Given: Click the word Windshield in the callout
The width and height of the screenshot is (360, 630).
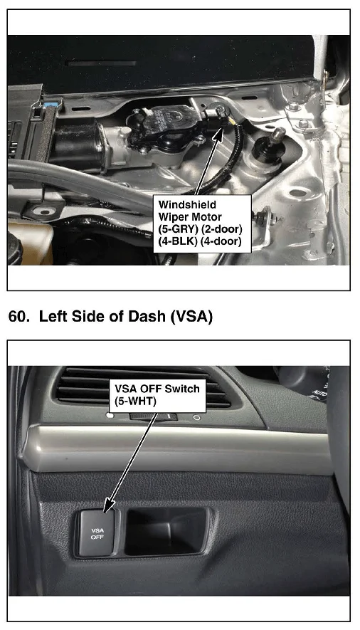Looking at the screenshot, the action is [x=187, y=204].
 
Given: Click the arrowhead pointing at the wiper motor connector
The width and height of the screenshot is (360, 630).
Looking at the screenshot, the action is [x=218, y=133].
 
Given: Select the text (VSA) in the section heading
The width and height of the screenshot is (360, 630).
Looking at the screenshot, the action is [x=191, y=317].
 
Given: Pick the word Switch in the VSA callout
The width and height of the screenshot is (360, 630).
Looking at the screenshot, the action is [x=182, y=389].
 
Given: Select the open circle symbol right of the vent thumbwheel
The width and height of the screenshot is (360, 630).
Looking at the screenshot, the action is [x=196, y=418].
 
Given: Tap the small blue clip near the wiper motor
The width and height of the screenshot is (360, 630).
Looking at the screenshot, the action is [x=53, y=106].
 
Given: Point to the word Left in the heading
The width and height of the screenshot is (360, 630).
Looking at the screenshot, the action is [x=54, y=317].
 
